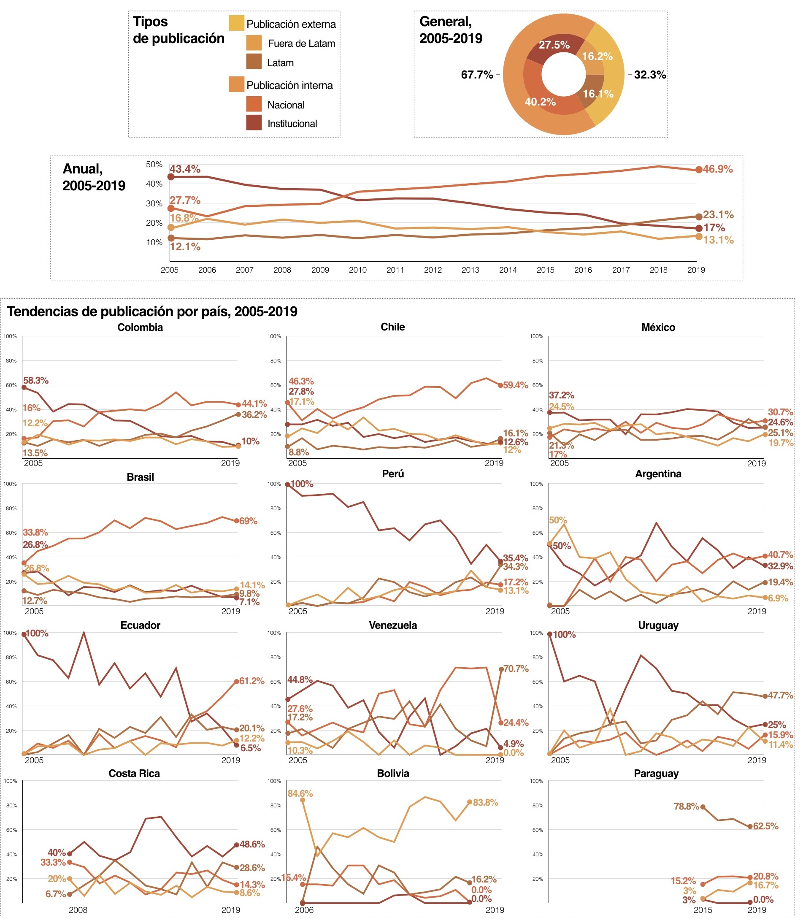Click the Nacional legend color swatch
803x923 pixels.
tap(254, 104)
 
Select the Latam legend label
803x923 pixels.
tap(280, 63)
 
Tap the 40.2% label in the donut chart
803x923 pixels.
tap(540, 102)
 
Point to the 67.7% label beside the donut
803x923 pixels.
tap(477, 74)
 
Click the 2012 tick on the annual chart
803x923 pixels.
tap(433, 270)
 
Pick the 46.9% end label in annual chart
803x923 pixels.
tap(717, 169)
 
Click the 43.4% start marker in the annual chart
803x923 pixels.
tap(171, 176)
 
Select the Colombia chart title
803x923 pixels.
tap(140, 327)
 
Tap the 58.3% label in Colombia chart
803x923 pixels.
tap(36, 380)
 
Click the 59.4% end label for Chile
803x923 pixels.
tap(515, 385)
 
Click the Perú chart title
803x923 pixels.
tap(392, 474)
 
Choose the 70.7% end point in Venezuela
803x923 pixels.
tap(501, 669)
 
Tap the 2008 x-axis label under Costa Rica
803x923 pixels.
tap(78, 910)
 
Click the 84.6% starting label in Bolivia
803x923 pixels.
tap(300, 793)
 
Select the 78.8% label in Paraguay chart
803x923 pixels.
tap(686, 807)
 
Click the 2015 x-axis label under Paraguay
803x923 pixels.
tap(702, 910)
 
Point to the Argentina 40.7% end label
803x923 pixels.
tap(780, 555)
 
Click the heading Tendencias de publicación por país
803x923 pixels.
tap(152, 311)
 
